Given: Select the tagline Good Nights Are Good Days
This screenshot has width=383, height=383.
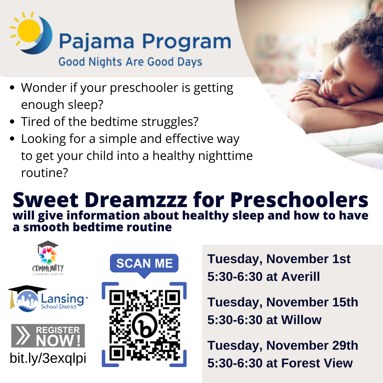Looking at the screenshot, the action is click(x=130, y=62).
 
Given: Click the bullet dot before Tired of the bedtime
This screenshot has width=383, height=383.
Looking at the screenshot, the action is click(x=12, y=122).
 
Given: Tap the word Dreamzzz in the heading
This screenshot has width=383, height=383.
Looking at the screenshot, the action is click(x=136, y=200).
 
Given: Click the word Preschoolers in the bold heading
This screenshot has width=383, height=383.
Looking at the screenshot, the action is click(x=299, y=200).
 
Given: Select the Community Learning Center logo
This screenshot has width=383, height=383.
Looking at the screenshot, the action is click(x=48, y=258).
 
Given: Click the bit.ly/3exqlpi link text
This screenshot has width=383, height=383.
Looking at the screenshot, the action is click(x=48, y=358).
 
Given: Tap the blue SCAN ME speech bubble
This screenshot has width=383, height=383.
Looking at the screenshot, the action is click(x=144, y=264).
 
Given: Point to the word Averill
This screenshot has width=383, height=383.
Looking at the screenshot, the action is click(x=300, y=277).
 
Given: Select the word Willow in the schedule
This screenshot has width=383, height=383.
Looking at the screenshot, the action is click(x=301, y=320).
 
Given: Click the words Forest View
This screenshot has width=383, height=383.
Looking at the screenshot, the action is click(x=317, y=363).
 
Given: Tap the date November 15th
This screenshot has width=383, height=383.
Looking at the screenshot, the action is click(x=312, y=302).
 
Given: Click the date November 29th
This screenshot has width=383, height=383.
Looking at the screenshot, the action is click(x=312, y=345).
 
